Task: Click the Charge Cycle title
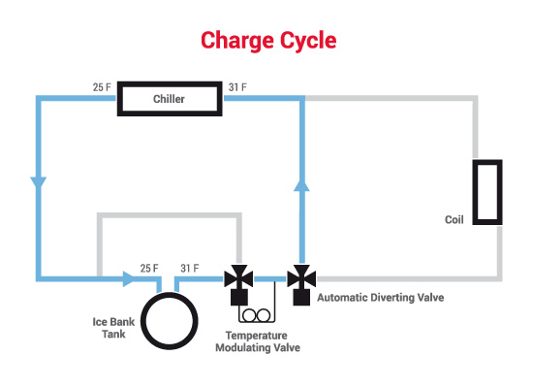(x=268, y=41)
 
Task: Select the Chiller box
(x=170, y=84)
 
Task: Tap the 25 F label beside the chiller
(x=102, y=87)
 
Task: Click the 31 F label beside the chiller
(x=237, y=87)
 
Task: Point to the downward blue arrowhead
(x=39, y=182)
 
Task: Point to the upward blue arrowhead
(x=301, y=185)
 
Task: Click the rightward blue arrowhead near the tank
(x=129, y=279)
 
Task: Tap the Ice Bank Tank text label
(x=113, y=328)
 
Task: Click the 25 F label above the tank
(x=149, y=268)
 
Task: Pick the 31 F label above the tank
(x=190, y=268)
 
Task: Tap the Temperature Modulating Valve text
(x=258, y=341)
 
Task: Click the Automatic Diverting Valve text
(x=381, y=298)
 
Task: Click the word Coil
(x=455, y=219)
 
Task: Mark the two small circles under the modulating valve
(x=257, y=315)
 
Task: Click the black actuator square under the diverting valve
(x=301, y=297)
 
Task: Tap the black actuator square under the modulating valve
(x=239, y=297)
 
